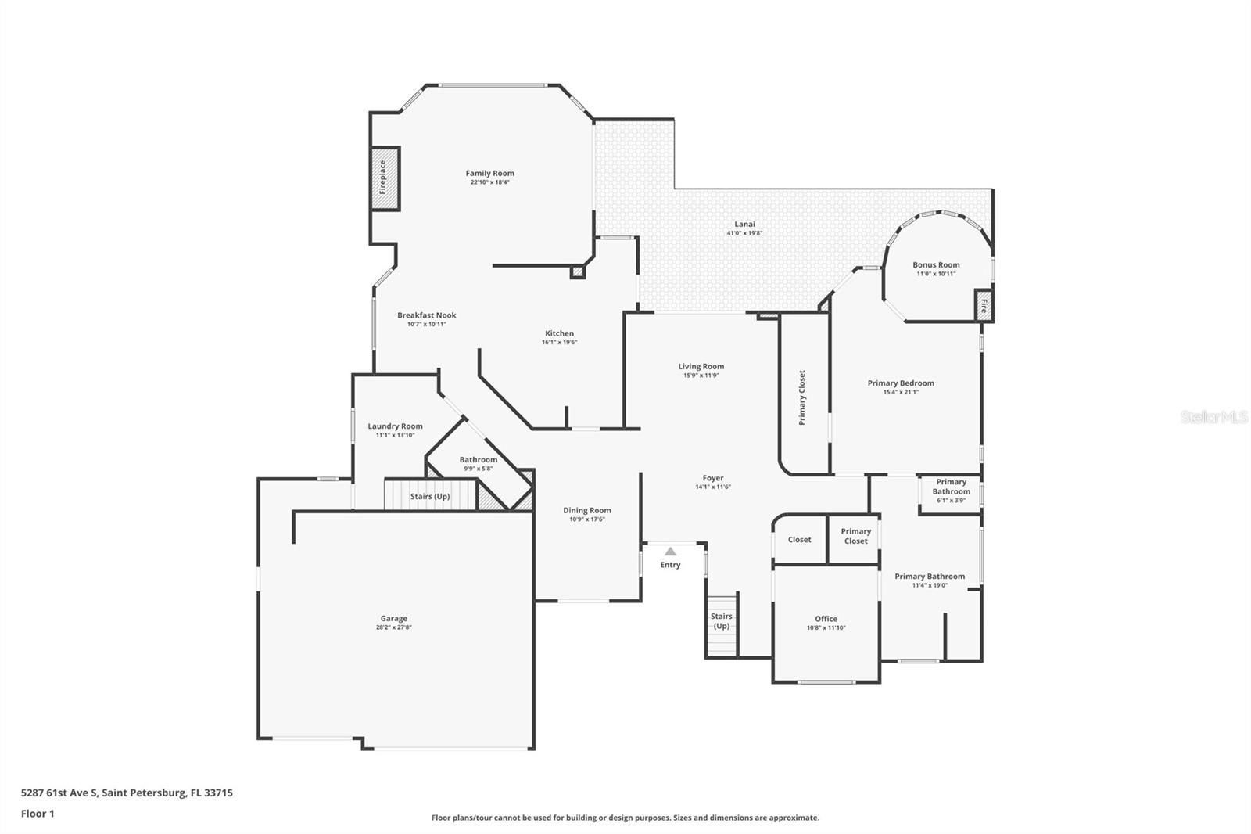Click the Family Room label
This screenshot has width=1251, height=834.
(x=489, y=174)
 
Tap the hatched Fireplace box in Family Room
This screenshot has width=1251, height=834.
(x=385, y=178)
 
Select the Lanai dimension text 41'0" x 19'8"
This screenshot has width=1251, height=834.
(x=744, y=233)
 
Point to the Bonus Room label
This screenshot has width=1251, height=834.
(x=936, y=265)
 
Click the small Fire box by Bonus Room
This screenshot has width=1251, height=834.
(x=984, y=305)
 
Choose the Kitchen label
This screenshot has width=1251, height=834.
(x=559, y=333)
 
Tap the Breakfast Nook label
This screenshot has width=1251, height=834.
(x=426, y=315)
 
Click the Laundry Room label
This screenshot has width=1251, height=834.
(x=395, y=426)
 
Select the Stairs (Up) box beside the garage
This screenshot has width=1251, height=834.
(x=430, y=496)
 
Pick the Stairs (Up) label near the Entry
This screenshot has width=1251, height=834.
(x=721, y=621)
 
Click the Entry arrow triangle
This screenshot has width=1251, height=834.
(x=670, y=552)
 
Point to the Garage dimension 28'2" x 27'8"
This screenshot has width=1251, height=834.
(x=394, y=627)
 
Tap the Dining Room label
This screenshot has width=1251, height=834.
(x=586, y=510)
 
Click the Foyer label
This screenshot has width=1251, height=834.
(x=712, y=478)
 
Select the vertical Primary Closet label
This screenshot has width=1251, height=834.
(x=801, y=397)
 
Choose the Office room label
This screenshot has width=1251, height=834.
(x=826, y=619)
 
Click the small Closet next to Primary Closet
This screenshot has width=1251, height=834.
(x=799, y=540)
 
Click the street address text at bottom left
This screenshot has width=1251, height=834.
(x=127, y=793)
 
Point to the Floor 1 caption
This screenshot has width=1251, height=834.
(x=38, y=814)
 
